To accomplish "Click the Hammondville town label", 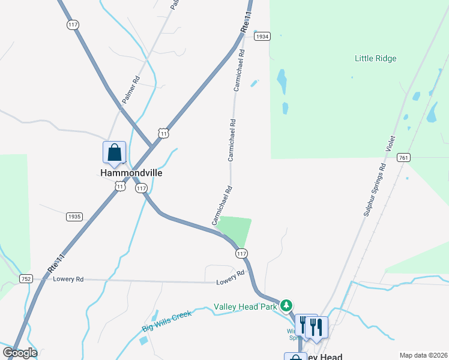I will coord(131,173).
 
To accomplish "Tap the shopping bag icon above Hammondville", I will coord(114,153).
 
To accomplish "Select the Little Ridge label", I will coord(376,59).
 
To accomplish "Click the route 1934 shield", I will coord(262,37).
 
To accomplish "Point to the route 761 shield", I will coord(403,158).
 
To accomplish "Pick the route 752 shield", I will coord(25,278).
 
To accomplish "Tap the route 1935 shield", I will coord(74,217).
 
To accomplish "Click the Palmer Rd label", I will coord(131,89).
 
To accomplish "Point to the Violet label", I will coord(391,145).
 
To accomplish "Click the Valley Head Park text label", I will coord(246,307).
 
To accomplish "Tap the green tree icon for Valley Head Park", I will coord(287,306).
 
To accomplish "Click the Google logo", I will coord(20,353).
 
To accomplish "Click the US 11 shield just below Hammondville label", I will coord(120,187).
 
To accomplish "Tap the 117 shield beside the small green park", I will coord(241,254).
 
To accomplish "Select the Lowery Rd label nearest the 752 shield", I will coord(67,280).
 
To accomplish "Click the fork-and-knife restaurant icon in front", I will coord(316,327).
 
